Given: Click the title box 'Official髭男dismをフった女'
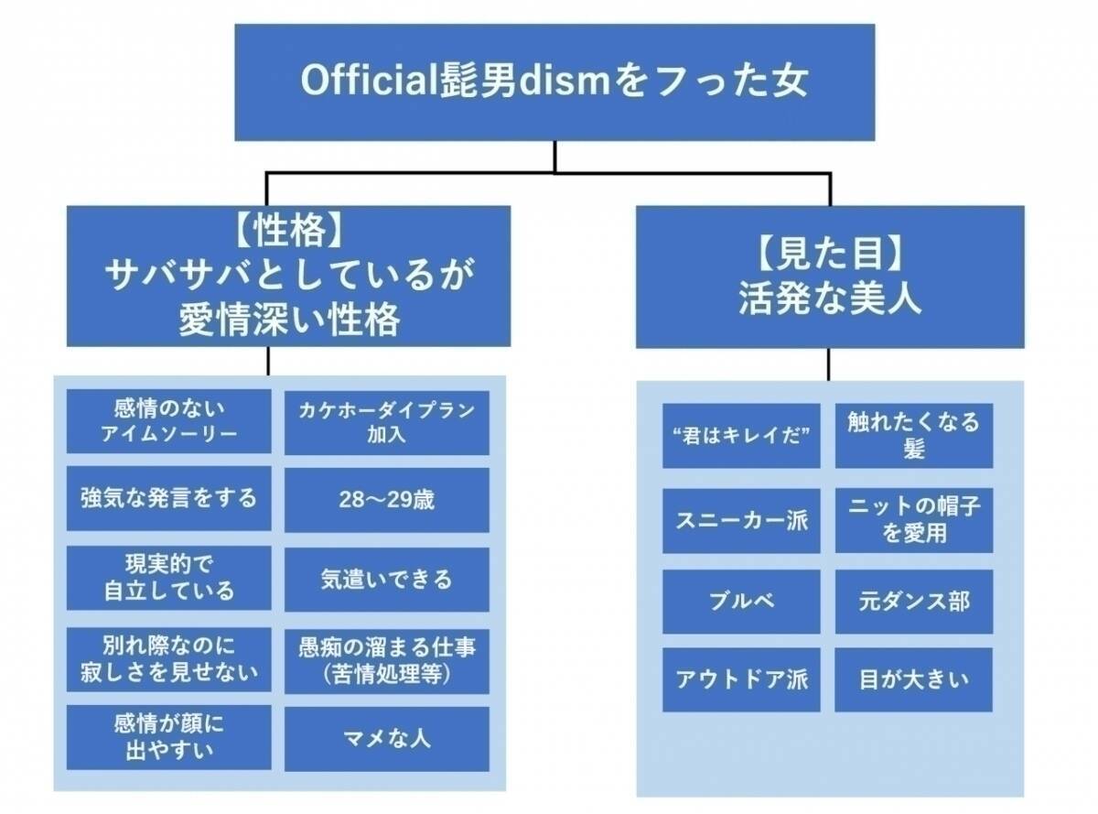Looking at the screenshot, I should [554, 82].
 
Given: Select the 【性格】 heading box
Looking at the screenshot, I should [288, 276].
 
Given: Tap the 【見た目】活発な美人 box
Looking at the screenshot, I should [830, 276].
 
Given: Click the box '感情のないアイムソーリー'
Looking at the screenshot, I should [169, 420].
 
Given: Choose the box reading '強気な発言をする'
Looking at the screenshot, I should [169, 498].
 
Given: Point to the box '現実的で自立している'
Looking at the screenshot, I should [169, 577].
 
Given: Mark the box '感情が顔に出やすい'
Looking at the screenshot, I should [169, 737].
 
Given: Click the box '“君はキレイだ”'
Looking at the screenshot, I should [741, 436].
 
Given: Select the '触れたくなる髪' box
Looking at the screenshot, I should [914, 436].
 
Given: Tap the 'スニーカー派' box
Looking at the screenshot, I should [741, 520].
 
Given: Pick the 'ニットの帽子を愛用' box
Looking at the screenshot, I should [914, 520].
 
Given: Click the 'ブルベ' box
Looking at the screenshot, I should [741, 602].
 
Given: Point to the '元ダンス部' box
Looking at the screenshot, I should [914, 602].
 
